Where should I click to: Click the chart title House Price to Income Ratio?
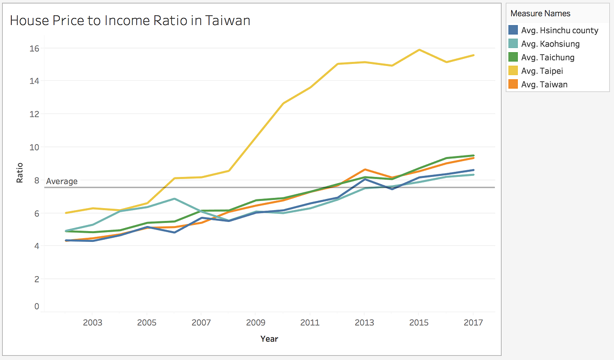click(x=130, y=20)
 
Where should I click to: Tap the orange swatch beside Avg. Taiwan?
click(x=513, y=84)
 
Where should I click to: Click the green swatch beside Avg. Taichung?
click(x=513, y=57)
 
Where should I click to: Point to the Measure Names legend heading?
click(x=540, y=13)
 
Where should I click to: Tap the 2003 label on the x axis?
click(x=92, y=323)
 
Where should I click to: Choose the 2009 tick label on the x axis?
click(x=255, y=323)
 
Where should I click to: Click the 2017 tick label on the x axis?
click(x=473, y=323)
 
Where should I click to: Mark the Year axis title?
click(x=269, y=339)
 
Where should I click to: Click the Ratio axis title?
click(x=20, y=173)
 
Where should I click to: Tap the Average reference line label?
click(x=62, y=181)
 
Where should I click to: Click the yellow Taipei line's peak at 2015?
click(x=419, y=50)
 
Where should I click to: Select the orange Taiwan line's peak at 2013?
click(x=364, y=169)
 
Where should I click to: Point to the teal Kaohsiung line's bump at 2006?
click(x=174, y=198)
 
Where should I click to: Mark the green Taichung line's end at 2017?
click(x=473, y=155)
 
